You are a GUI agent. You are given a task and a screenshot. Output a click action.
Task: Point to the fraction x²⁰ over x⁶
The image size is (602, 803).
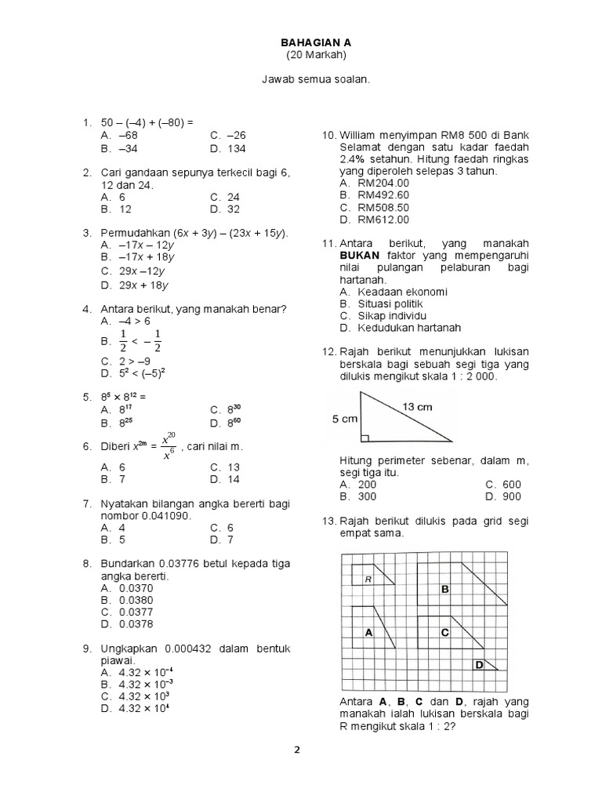[x=168, y=446]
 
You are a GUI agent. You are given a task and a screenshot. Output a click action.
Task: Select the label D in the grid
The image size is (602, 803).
[x=478, y=665]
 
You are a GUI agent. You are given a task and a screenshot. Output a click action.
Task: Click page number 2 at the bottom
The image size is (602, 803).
[x=297, y=750]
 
